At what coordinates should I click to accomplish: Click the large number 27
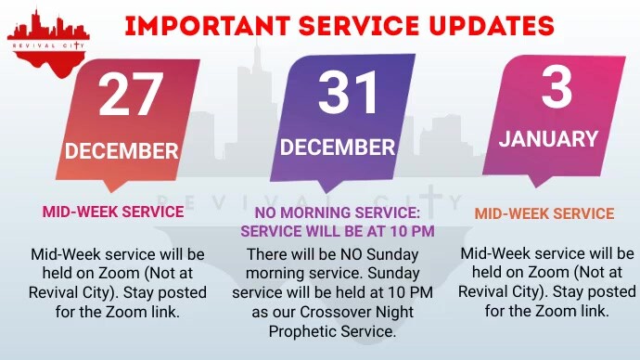pos(130,95)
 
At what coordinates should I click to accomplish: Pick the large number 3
pos(556,89)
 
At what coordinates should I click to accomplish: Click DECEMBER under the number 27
pos(122,150)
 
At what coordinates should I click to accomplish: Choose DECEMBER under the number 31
pos(338,148)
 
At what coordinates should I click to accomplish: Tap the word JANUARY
pos(549,139)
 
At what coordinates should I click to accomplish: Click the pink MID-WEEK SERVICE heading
pos(113,212)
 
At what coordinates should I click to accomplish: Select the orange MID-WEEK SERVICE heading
pos(544,214)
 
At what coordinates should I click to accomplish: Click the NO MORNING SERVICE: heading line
pos(331,212)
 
